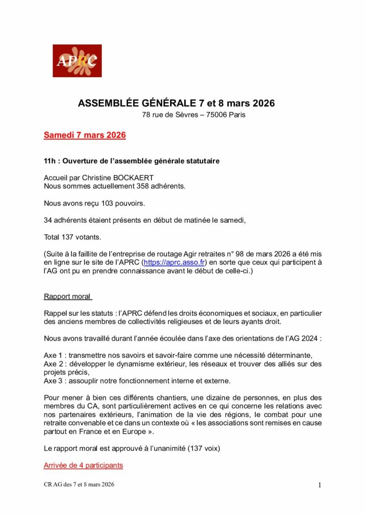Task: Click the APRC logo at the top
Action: [77, 61]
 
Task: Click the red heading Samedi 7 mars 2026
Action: [85, 136]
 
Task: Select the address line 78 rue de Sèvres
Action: [194, 115]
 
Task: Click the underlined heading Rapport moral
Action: [68, 296]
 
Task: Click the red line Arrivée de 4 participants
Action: [83, 466]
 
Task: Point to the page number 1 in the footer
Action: [320, 485]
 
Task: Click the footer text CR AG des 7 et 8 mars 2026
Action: [79, 485]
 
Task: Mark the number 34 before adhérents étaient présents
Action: [48, 220]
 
